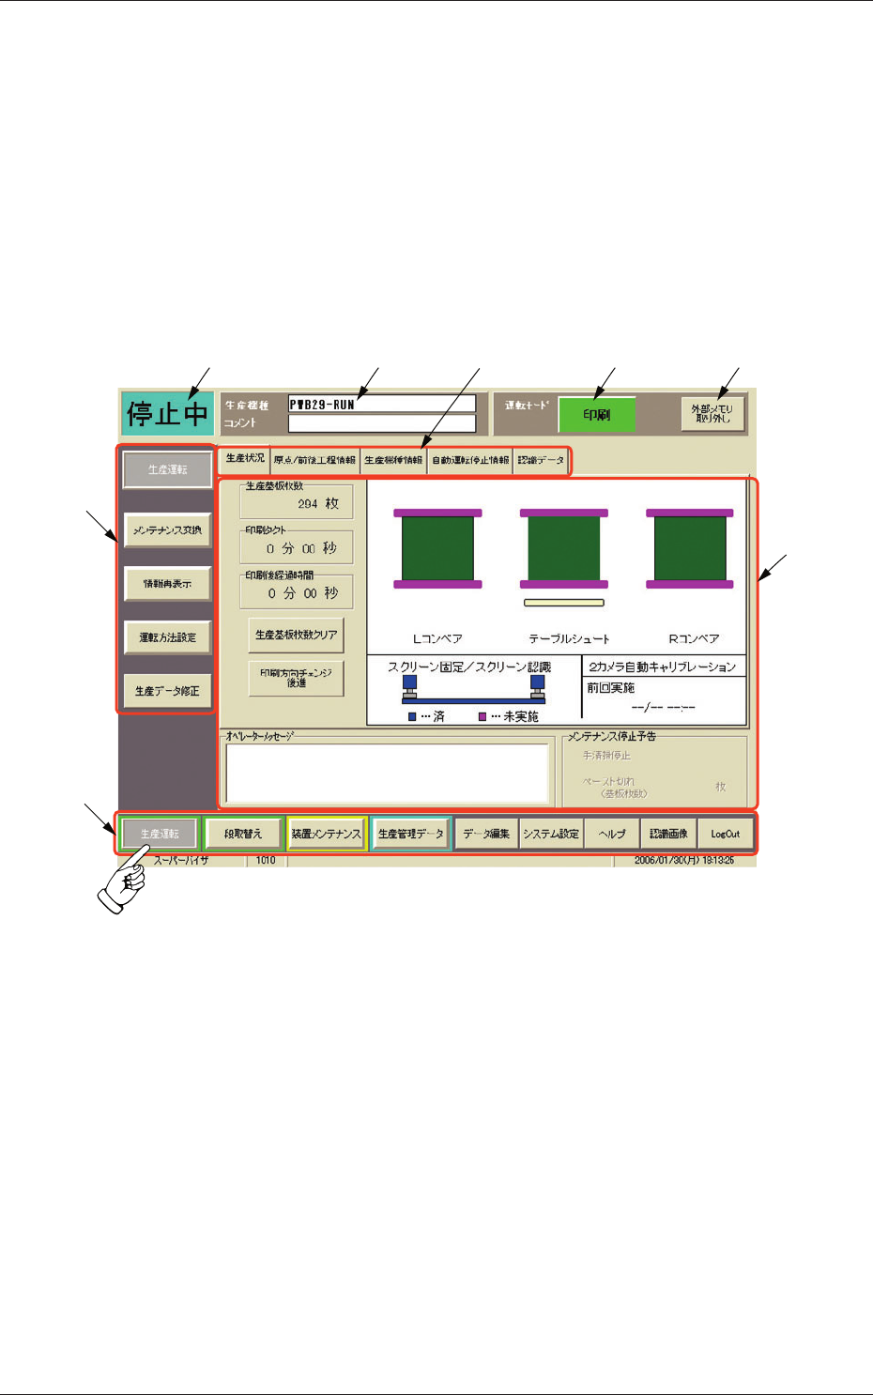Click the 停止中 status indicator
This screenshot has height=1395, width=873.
167,413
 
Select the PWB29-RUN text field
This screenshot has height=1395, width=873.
381,404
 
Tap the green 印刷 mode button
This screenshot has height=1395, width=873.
597,414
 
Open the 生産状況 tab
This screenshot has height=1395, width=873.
245,459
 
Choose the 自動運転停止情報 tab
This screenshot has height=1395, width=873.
470,461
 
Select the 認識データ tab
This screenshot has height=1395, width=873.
541,461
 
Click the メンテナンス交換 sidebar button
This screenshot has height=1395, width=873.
168,530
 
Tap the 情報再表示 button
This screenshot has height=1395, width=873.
168,584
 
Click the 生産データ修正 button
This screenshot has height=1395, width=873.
168,691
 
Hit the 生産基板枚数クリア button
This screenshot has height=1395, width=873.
296,636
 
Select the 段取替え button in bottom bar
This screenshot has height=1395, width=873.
243,834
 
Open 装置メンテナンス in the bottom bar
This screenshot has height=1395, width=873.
326,834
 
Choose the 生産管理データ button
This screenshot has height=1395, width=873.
410,834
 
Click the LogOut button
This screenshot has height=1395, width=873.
725,834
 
